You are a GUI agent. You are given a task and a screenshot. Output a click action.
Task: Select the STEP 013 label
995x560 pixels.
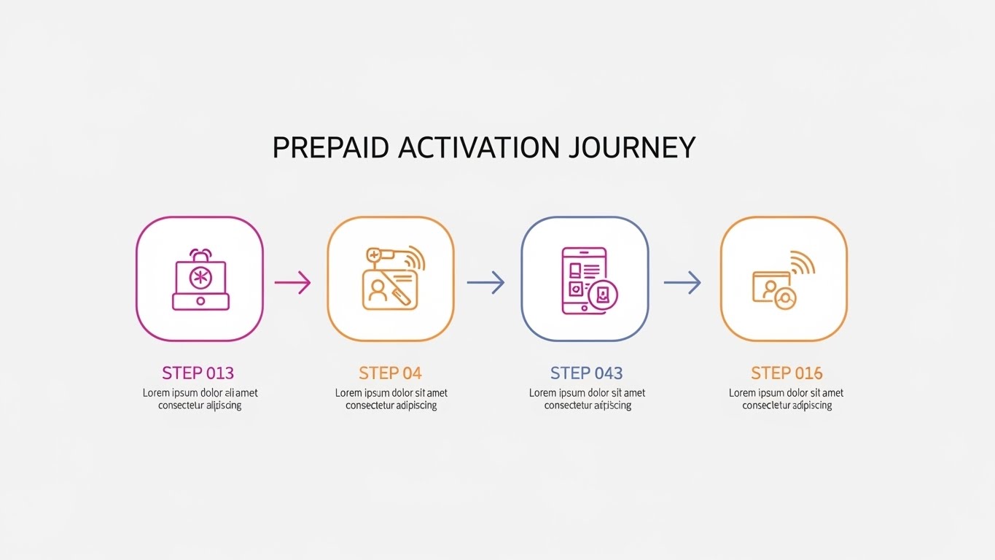[198, 373]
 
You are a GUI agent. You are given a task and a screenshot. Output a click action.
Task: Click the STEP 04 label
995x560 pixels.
[390, 373]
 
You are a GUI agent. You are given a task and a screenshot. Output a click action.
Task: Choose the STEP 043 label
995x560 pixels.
[587, 373]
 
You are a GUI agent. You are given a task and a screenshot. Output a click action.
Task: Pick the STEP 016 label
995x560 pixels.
[787, 373]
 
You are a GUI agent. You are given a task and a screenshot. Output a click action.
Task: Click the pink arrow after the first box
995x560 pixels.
[292, 282]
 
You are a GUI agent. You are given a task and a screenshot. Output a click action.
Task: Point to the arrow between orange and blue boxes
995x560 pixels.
[485, 282]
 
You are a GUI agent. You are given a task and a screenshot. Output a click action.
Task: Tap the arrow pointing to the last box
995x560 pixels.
[682, 282]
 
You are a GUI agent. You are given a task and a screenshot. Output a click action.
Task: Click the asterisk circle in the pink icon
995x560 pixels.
[199, 277]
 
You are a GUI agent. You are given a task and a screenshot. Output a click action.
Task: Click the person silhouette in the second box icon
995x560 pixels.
[378, 290]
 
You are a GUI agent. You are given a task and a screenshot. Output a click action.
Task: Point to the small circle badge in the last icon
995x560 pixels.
[785, 297]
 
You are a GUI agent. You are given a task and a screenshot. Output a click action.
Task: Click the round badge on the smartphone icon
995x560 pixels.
[603, 295]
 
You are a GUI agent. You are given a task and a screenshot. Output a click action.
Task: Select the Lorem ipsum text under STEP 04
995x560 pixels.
[391, 399]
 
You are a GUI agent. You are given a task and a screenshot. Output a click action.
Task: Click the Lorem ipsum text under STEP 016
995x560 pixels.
[787, 399]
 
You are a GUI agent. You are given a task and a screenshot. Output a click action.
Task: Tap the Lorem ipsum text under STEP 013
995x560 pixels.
[199, 399]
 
